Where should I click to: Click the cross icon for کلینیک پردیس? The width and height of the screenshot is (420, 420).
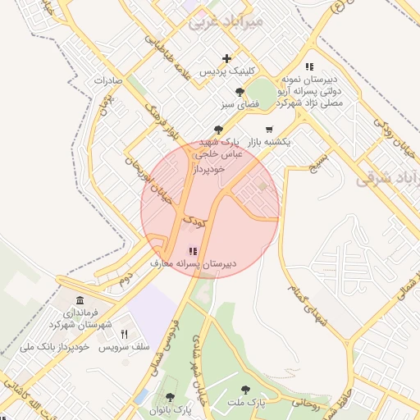pyautogui.click(x=226, y=58)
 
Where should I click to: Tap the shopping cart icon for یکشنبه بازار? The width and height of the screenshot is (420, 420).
pyautogui.click(x=269, y=130)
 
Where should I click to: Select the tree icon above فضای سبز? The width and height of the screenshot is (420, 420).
pyautogui.click(x=239, y=93)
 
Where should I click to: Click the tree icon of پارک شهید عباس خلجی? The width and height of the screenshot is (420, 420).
pyautogui.click(x=217, y=129)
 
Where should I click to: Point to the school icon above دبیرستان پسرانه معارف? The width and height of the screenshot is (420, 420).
pyautogui.click(x=193, y=251)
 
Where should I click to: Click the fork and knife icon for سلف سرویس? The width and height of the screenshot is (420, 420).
pyautogui.click(x=125, y=334)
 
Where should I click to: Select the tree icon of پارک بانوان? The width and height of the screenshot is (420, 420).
pyautogui.click(x=170, y=398)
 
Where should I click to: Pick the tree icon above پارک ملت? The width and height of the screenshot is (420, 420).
pyautogui.click(x=244, y=390)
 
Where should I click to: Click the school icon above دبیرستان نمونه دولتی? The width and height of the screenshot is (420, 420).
pyautogui.click(x=308, y=66)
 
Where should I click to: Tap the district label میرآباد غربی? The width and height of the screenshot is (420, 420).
pyautogui.click(x=226, y=21)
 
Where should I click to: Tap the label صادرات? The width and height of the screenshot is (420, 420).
pyautogui.click(x=108, y=81)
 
